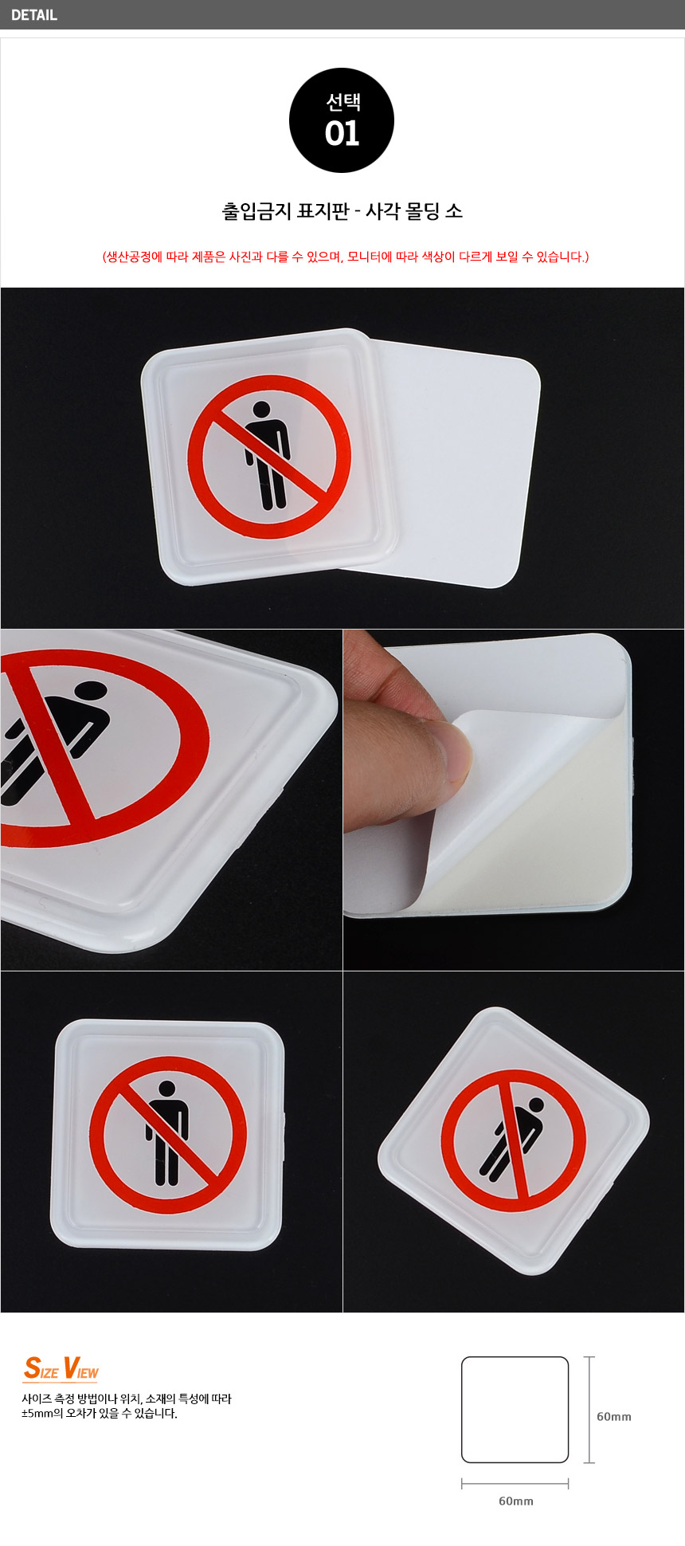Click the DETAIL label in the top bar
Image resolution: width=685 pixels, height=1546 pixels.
34,14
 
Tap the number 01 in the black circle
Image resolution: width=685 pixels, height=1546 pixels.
342,133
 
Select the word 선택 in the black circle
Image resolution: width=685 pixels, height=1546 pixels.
342,102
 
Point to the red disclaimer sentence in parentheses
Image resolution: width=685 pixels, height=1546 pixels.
345,257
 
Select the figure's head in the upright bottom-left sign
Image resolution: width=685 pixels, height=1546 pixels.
166,1089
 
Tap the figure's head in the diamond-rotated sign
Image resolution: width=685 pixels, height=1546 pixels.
535,1105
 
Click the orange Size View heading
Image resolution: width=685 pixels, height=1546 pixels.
61,1368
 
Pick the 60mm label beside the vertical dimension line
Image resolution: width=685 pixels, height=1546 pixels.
614,1416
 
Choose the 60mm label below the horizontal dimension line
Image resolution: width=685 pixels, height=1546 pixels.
516,1501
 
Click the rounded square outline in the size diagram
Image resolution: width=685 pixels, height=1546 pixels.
462,1410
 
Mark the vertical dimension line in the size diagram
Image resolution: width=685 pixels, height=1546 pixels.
589,1410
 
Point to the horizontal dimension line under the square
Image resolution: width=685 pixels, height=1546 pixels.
515,1484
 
